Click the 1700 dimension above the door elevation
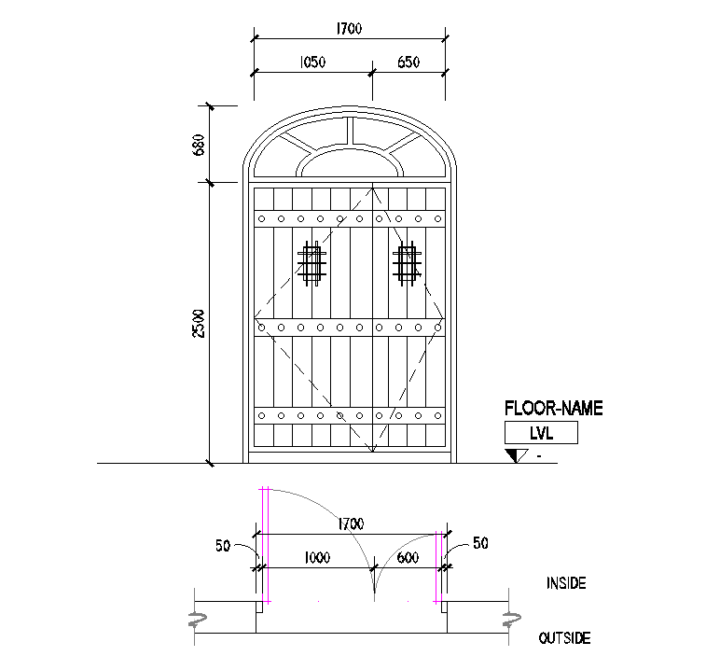(349, 30)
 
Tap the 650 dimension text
(408, 63)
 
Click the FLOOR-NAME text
(553, 408)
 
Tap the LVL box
(541, 432)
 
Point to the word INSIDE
(565, 583)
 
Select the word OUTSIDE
(564, 639)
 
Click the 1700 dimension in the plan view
(350, 524)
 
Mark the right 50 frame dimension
(480, 542)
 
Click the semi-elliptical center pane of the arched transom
(351, 163)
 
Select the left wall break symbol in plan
(197, 619)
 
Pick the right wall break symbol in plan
(508, 619)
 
